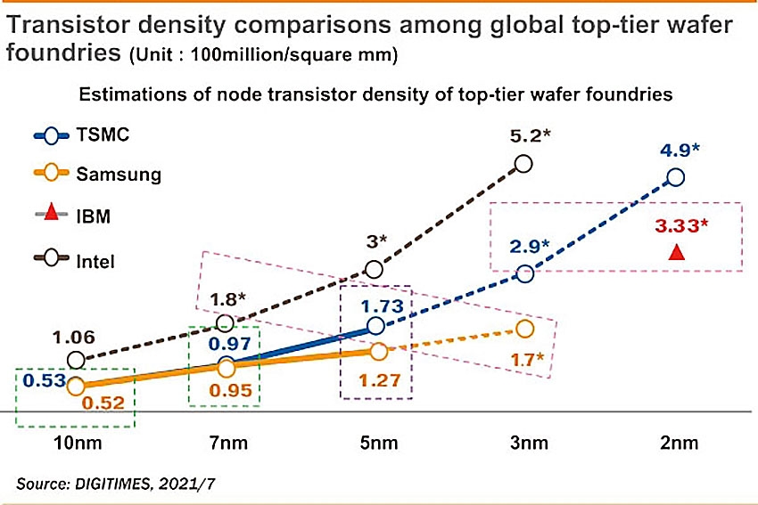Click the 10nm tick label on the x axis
coord(75,444)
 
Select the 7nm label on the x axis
coord(225,444)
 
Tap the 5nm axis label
coord(375,444)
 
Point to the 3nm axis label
coord(524,444)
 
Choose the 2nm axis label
coord(675,444)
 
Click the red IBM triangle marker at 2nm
coord(676,253)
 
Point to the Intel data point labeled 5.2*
coord(523,163)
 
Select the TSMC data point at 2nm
coord(675,177)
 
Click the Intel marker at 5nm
coord(375,269)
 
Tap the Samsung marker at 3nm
coord(524,329)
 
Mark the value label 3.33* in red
coord(680,225)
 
